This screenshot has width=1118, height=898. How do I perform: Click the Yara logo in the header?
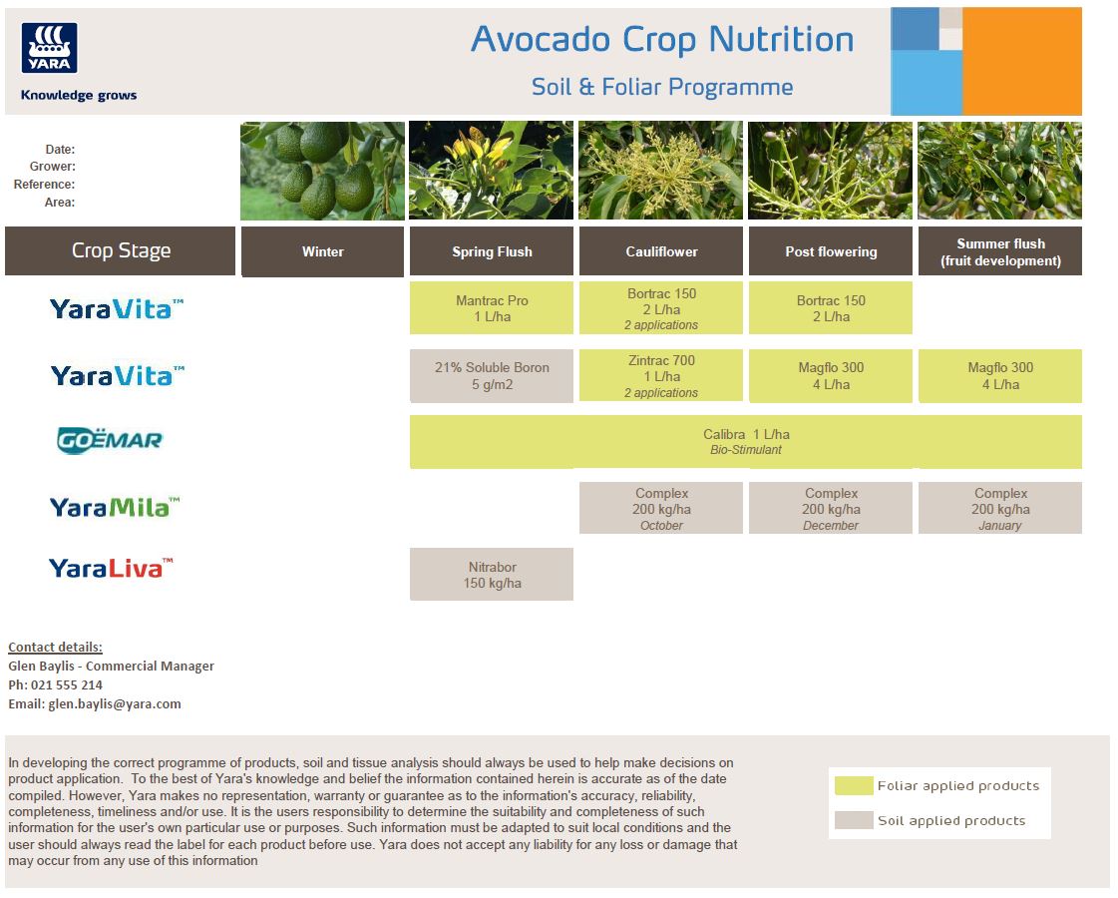pyautogui.click(x=49, y=48)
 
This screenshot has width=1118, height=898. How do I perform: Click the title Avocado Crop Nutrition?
pyautogui.click(x=662, y=40)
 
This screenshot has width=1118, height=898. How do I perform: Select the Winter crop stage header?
pyautogui.click(x=322, y=251)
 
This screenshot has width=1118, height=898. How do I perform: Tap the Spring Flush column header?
pyautogui.click(x=492, y=251)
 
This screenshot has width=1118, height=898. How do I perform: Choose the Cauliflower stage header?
pyautogui.click(x=661, y=251)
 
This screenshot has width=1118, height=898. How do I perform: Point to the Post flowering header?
pyautogui.click(x=831, y=251)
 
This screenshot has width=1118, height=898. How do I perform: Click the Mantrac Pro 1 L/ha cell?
pyautogui.click(x=492, y=308)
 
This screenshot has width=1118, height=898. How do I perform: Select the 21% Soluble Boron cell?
pyautogui.click(x=492, y=375)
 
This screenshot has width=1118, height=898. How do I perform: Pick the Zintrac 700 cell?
pyautogui.click(x=661, y=375)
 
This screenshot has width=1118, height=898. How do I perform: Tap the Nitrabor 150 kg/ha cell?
pyautogui.click(x=492, y=575)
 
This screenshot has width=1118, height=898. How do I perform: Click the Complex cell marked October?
pyautogui.click(x=661, y=509)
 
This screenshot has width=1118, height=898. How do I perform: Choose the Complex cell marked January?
pyautogui.click(x=1000, y=509)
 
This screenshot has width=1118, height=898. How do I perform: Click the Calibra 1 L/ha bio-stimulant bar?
pyautogui.click(x=746, y=442)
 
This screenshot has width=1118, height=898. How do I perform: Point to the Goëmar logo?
pyautogui.click(x=110, y=440)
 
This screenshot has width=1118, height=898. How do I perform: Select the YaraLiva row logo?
pyautogui.click(x=111, y=568)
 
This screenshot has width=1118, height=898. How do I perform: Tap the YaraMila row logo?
pyautogui.click(x=115, y=508)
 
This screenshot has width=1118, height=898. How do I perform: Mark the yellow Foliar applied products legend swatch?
pyautogui.click(x=854, y=786)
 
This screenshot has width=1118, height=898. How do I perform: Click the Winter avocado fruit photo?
pyautogui.click(x=322, y=171)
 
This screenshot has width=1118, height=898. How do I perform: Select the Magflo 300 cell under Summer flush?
pyautogui.click(x=1000, y=375)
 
